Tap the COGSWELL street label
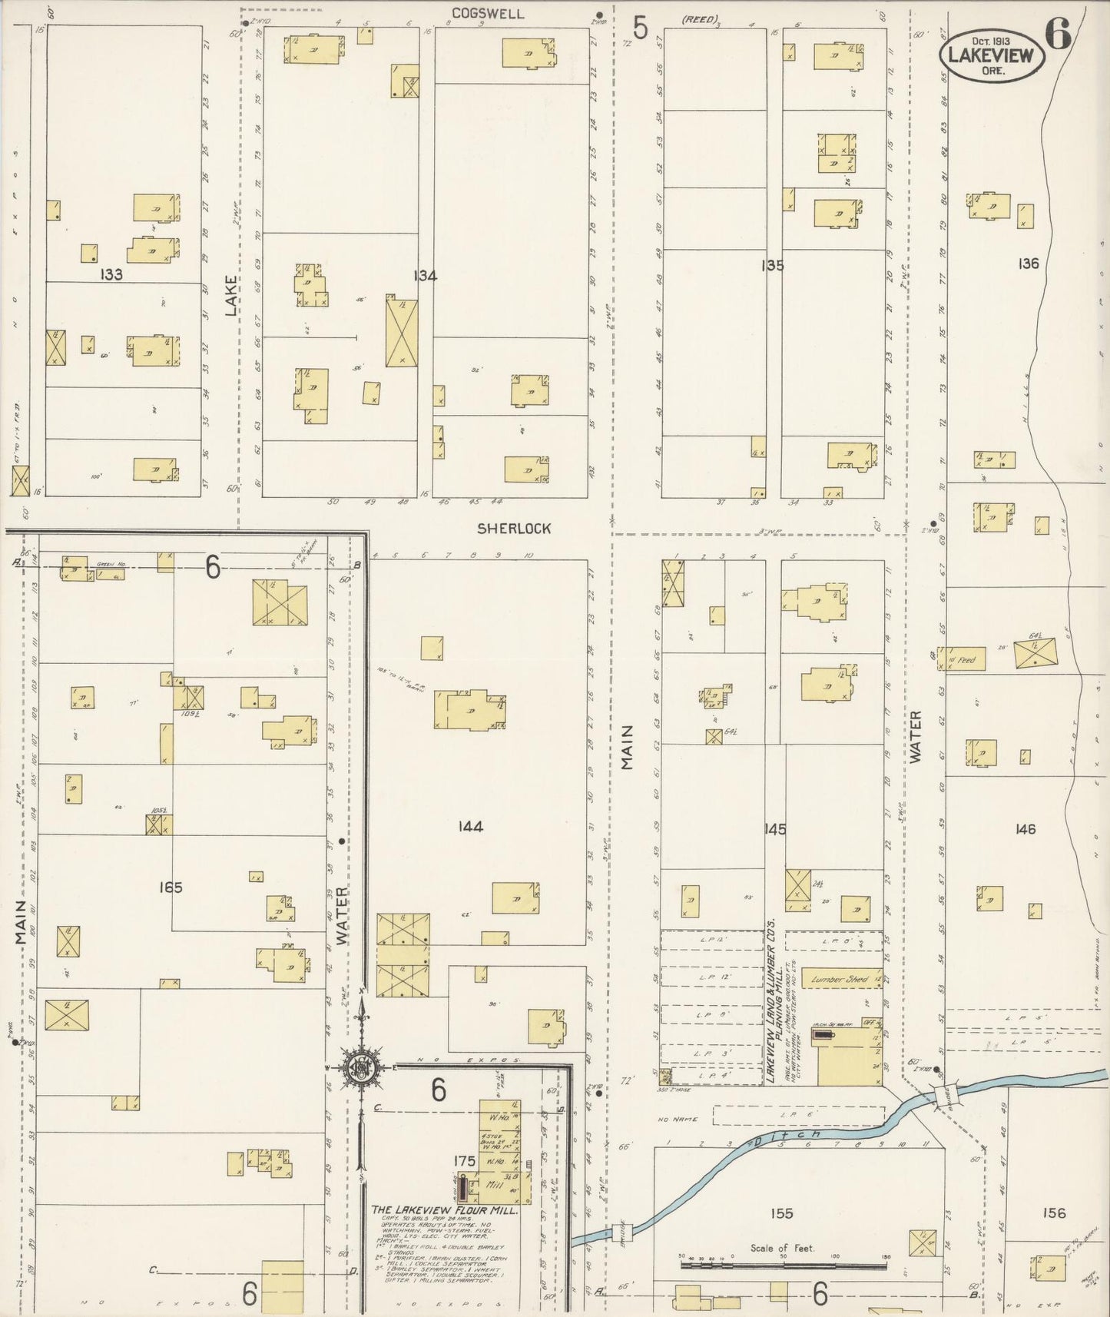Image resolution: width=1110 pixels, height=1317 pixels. click(488, 14)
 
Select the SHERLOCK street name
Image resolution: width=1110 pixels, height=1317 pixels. click(514, 529)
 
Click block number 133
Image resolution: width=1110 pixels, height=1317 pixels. click(111, 274)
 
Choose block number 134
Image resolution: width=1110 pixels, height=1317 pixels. click(425, 275)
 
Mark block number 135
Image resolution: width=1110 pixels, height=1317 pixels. click(772, 266)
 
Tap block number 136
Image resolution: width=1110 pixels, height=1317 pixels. click(1027, 264)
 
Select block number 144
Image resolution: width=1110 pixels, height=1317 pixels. click(470, 827)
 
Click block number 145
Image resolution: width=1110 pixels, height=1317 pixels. click(775, 829)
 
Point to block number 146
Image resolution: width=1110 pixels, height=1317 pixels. click(1025, 829)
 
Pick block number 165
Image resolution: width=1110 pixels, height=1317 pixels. click(170, 887)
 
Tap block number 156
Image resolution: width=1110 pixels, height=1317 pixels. click(1054, 1213)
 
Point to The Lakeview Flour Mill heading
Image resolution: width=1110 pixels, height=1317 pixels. click(445, 1210)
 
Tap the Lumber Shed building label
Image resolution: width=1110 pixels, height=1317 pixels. click(840, 980)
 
